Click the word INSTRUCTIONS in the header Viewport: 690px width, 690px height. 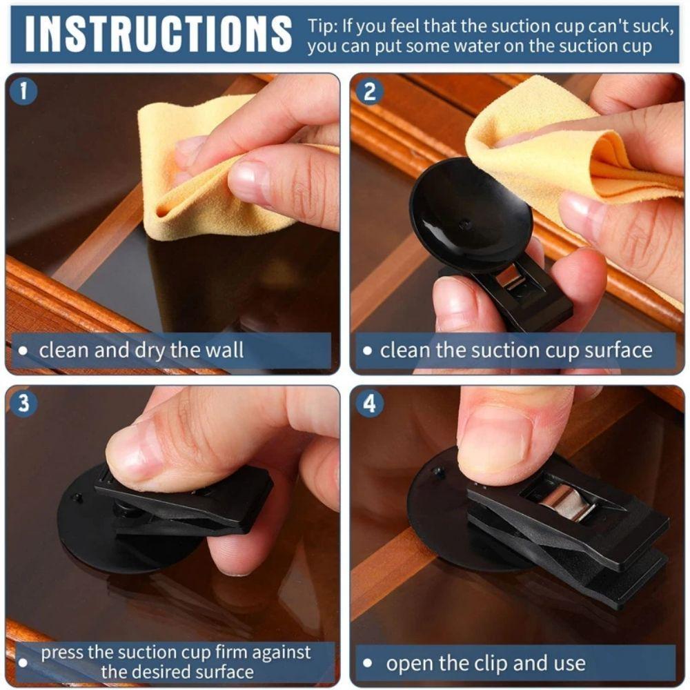pyautogui.click(x=158, y=32)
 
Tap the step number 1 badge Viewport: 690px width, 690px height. pyautogui.click(x=24, y=91)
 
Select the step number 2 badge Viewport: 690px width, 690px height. pyautogui.click(x=370, y=91)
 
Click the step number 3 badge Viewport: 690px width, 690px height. pyautogui.click(x=24, y=403)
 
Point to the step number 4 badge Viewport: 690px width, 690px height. pyautogui.click(x=370, y=403)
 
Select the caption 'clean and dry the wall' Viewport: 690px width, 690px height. pyautogui.click(x=141, y=350)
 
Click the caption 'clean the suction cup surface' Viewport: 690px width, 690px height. pyautogui.click(x=516, y=350)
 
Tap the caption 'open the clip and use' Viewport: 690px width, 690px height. pyautogui.click(x=486, y=664)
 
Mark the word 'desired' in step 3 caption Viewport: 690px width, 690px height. pyautogui.click(x=187, y=672)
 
